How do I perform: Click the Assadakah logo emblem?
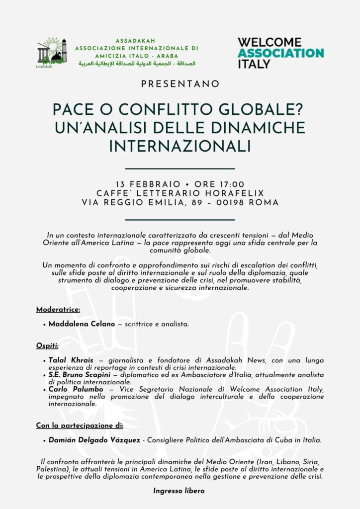point(52,52)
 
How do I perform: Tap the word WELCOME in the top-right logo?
point(270,42)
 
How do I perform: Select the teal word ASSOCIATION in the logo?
point(280,53)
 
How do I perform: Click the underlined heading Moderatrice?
point(58,310)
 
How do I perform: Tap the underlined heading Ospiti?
point(48,345)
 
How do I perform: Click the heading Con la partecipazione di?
point(80,425)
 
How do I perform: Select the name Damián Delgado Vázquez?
point(94,440)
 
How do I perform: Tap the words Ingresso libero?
point(179,491)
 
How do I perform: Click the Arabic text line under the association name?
point(137,64)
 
